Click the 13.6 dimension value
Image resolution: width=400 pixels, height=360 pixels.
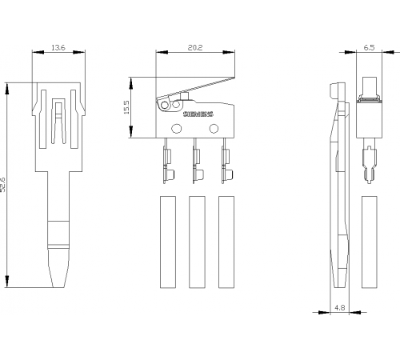click(58, 48)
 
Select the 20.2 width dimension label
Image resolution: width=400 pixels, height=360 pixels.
click(195, 48)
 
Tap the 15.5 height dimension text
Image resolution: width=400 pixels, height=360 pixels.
click(126, 107)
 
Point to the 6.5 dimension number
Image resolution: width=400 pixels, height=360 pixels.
click(369, 48)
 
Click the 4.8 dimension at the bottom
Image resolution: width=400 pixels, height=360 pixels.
click(339, 308)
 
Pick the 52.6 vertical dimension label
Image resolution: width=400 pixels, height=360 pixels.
click(2, 185)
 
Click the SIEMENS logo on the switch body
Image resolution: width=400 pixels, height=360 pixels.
click(198, 114)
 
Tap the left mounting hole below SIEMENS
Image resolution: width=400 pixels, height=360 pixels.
click(176, 129)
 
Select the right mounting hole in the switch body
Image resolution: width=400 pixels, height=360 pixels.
click(214, 129)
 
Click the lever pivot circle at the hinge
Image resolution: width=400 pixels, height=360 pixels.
click(165, 106)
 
